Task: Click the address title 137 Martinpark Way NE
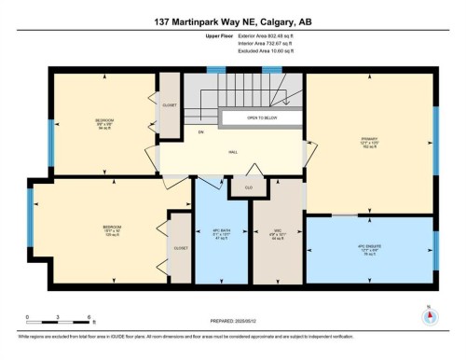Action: [x=233, y=21]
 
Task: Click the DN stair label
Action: [x=199, y=133]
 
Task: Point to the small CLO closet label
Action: [x=249, y=187]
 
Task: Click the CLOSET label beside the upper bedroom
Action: [x=169, y=104]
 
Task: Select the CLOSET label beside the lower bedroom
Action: [x=180, y=249]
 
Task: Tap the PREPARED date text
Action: [x=233, y=324]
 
